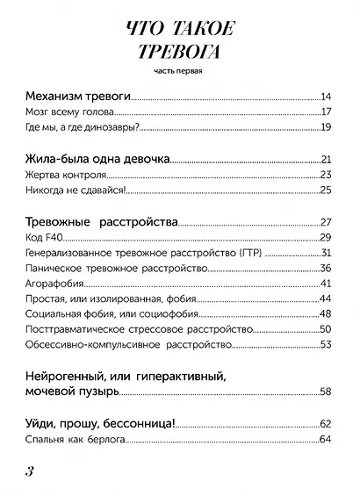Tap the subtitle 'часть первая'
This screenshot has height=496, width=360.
pos(180,70)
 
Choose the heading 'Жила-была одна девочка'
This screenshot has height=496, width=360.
pos(97,159)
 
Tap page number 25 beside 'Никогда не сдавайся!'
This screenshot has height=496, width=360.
pos(325,191)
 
